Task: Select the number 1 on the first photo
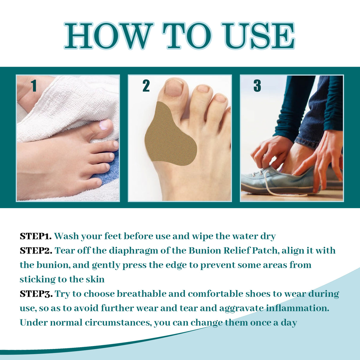point(34,86)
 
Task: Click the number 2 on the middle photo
point(146,86)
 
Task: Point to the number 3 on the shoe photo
point(257,86)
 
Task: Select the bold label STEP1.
point(36,236)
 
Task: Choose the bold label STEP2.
point(36,251)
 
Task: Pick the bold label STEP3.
point(36,294)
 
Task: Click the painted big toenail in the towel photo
point(104,125)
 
